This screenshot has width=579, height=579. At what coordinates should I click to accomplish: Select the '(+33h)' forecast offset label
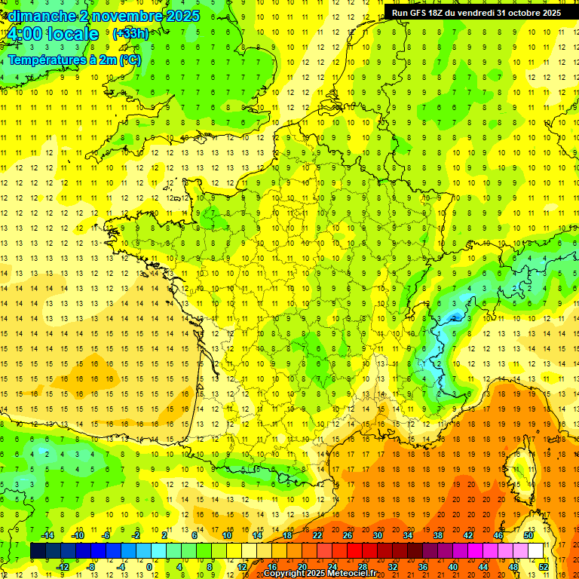coord(130,33)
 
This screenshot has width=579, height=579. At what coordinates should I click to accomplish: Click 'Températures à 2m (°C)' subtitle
coord(74,60)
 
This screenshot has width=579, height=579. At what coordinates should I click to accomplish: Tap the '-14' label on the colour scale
coord(47,535)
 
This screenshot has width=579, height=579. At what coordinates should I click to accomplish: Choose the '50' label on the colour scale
coord(528,535)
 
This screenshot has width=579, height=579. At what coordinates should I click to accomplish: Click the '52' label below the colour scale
coord(544,567)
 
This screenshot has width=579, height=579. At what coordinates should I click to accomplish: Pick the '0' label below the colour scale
coord(151,567)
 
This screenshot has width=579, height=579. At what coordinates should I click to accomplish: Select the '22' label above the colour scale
coord(317,535)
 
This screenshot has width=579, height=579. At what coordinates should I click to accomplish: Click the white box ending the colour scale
coord(536,551)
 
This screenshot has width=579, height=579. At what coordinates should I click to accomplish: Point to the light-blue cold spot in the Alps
coord(454,317)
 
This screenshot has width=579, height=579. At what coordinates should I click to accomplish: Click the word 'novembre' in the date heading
coord(127,16)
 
